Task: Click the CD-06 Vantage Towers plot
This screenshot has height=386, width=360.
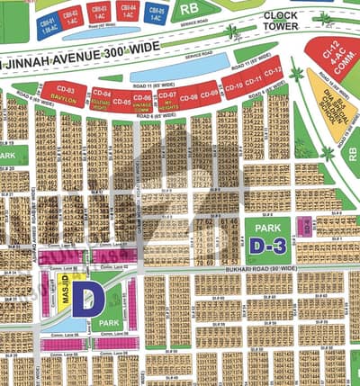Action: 141,99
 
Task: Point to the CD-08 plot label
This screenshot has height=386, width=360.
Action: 189,96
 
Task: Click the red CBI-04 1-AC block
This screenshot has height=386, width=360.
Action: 128,11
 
